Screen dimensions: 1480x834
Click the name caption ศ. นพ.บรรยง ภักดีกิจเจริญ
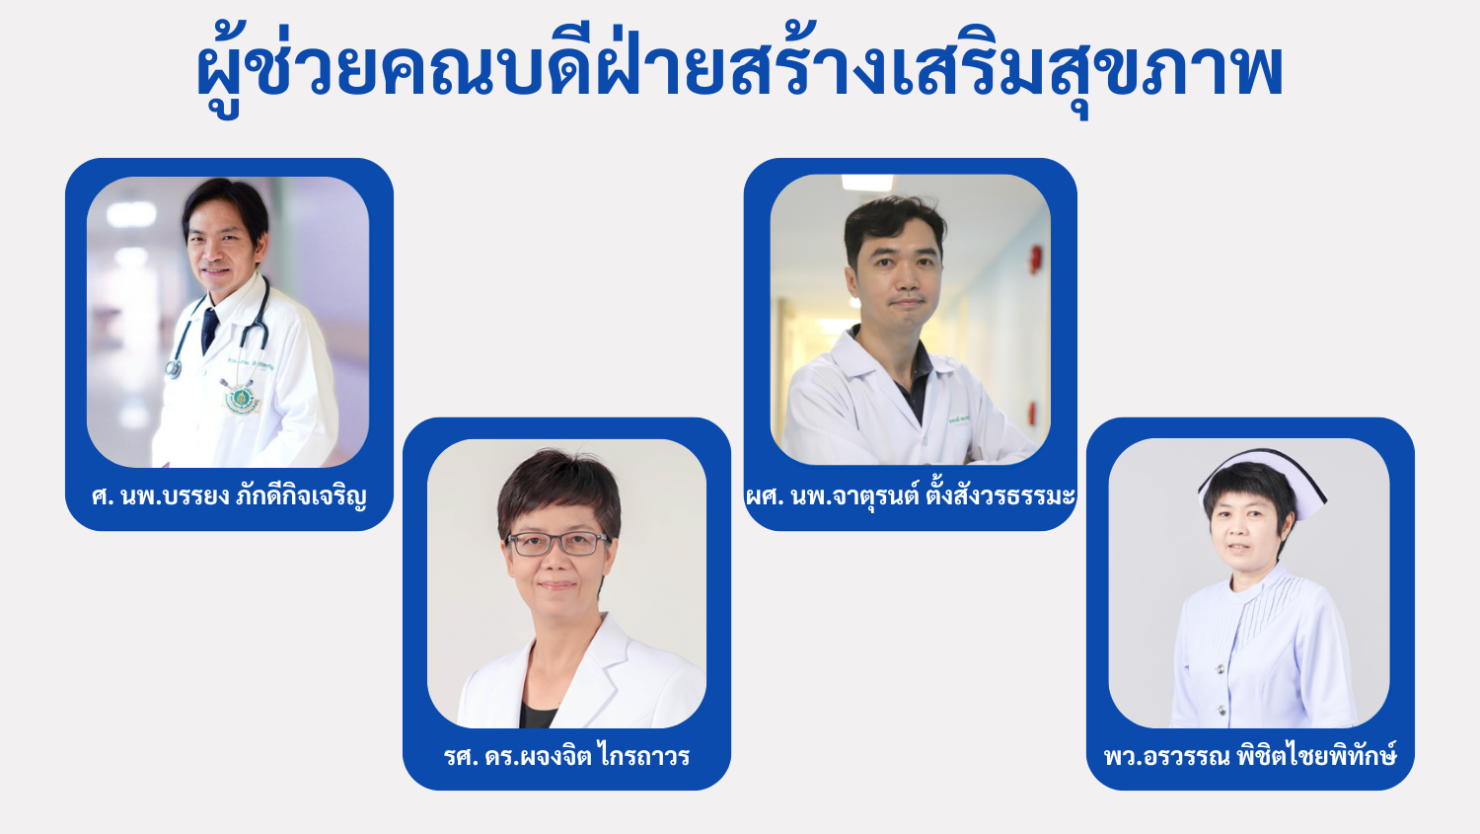click(229, 497)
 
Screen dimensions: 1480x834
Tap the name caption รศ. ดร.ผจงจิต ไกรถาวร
click(567, 755)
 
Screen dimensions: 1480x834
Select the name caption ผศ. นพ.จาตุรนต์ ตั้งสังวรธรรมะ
click(911, 495)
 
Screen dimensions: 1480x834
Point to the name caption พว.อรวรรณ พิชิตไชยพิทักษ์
click(1250, 755)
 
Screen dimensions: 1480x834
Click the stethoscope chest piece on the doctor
click(173, 369)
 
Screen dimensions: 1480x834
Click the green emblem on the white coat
click(242, 399)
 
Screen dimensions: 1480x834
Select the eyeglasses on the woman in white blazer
click(557, 543)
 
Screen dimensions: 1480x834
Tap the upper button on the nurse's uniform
click(1221, 669)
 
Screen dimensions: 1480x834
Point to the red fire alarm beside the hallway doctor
click(1035, 259)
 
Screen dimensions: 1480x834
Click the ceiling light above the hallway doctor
click(867, 182)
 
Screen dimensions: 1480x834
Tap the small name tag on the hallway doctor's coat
click(959, 419)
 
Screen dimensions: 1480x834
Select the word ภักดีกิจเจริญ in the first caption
click(301, 497)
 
